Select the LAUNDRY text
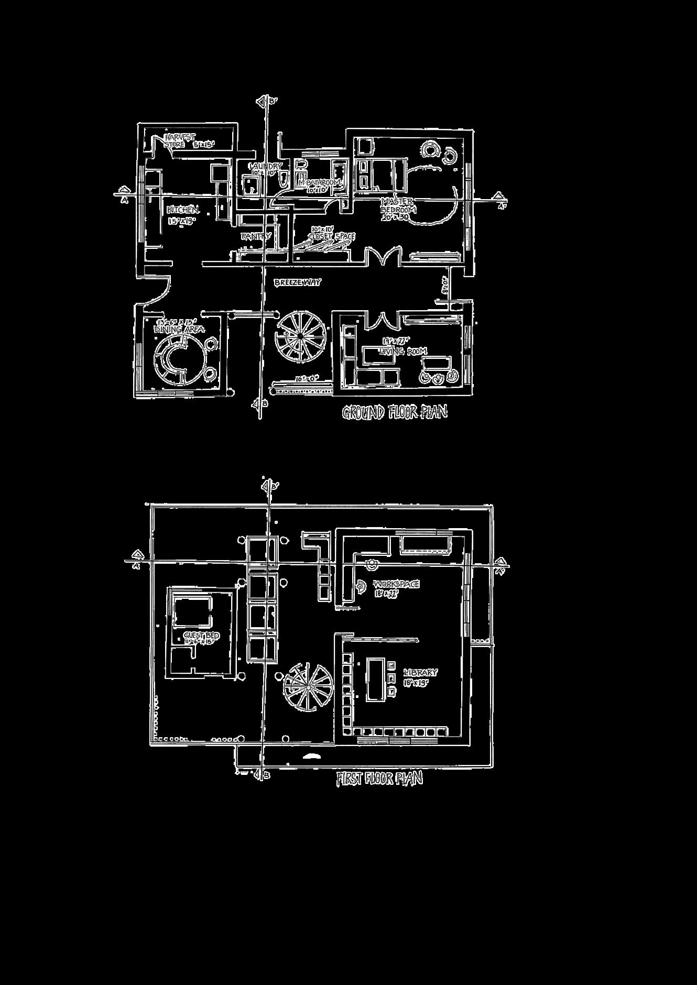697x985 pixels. pyautogui.click(x=267, y=167)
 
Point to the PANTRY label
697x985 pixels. pyautogui.click(x=256, y=236)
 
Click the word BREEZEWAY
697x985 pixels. pyautogui.click(x=297, y=282)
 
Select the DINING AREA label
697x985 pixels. pyautogui.click(x=178, y=330)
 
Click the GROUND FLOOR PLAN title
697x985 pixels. pyautogui.click(x=395, y=413)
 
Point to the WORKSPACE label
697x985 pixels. pyautogui.click(x=396, y=584)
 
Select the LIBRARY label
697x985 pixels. pyautogui.click(x=420, y=672)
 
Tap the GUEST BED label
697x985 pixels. pyautogui.click(x=201, y=636)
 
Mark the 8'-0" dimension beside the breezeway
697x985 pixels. pyautogui.click(x=443, y=287)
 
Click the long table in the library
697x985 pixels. pyautogui.click(x=375, y=679)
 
